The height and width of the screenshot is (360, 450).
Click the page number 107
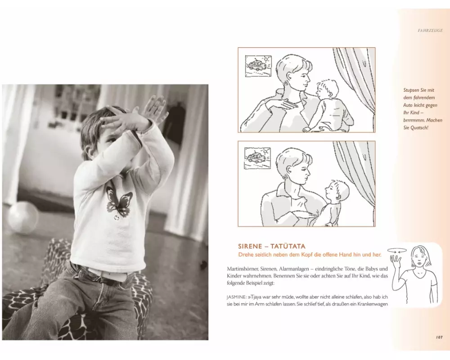439,337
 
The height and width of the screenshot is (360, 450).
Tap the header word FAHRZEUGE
430,31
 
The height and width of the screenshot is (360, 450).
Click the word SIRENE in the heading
250,246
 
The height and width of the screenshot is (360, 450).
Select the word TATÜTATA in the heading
288,246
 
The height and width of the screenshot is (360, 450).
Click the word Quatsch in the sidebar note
419,128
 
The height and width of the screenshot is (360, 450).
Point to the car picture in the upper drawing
258,66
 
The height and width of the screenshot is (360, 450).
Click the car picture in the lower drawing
257,158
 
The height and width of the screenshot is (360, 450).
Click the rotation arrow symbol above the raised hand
397,251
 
